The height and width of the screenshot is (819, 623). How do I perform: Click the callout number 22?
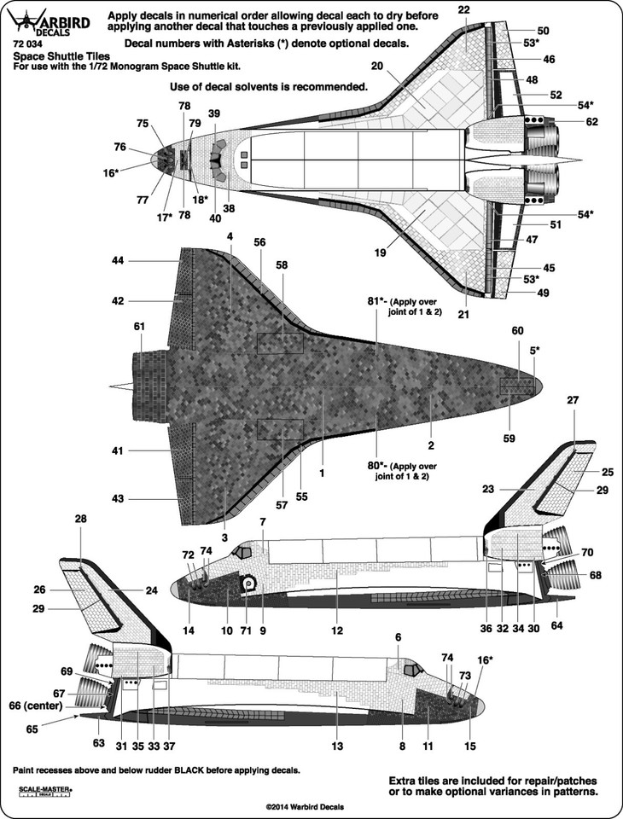point(463,9)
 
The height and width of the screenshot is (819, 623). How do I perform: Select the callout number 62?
point(591,122)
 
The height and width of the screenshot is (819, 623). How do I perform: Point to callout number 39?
point(213,113)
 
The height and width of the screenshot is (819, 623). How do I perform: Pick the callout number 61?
point(138,327)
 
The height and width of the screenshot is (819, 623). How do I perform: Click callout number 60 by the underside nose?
point(517,331)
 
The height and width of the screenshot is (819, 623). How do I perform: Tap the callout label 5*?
point(535,351)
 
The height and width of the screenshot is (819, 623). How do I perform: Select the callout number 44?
point(118,259)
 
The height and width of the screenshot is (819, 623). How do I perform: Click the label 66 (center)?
point(36,706)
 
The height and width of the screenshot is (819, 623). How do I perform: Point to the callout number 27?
point(573,400)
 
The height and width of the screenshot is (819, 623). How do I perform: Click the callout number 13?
point(337,746)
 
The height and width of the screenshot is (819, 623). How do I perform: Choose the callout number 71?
point(246,630)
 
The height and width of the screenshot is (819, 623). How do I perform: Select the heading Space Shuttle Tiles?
point(61,56)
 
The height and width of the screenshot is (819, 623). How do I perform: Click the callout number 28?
point(80,520)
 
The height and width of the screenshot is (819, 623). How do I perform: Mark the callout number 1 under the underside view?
point(322,473)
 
